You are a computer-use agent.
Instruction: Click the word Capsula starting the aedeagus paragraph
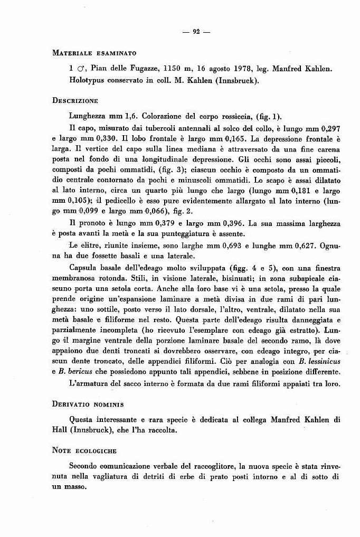pos(85,269)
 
